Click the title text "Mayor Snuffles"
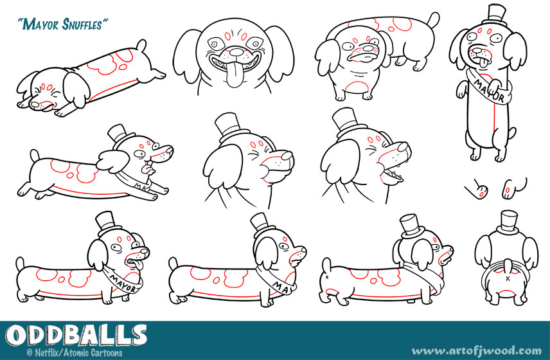tap(63, 24)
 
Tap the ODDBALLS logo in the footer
tap(76, 336)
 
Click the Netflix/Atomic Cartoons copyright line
tap(75, 352)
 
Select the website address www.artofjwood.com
tap(476, 351)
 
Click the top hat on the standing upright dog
tap(495, 15)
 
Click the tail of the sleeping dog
tap(141, 45)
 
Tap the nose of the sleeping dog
tap(35, 104)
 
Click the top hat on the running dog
tap(120, 134)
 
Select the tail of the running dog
tap(35, 155)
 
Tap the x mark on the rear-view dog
tap(508, 278)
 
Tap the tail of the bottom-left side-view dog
tap(21, 263)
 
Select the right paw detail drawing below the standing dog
tap(514, 188)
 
